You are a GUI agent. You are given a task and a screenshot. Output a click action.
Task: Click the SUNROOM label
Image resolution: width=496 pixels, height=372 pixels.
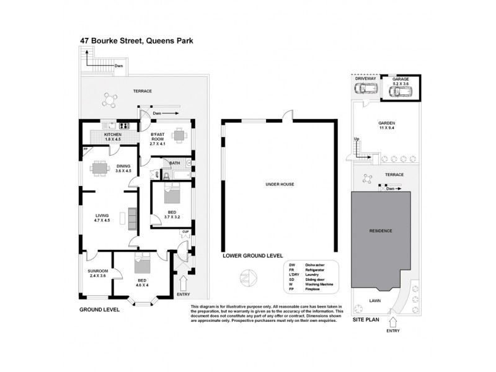click(98, 273)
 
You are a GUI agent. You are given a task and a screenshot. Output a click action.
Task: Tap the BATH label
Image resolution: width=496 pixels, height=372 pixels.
click(175, 163)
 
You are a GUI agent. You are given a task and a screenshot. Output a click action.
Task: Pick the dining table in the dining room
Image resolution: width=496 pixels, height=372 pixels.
click(99, 167)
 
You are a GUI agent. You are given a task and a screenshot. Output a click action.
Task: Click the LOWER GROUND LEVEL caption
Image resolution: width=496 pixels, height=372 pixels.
click(252, 255)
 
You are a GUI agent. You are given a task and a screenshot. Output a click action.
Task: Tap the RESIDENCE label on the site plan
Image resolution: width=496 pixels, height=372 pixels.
click(381, 231)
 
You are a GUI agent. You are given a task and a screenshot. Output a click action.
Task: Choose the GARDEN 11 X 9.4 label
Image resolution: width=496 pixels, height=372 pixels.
click(386, 126)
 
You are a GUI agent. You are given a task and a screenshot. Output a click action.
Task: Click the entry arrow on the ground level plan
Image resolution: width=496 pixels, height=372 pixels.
click(183, 281)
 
